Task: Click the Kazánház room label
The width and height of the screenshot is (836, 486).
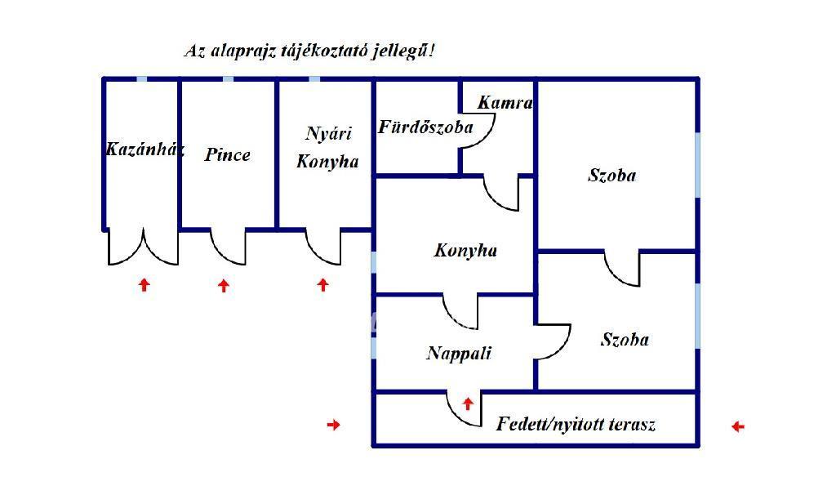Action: pyautogui.click(x=145, y=149)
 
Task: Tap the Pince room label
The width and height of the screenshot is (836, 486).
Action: pyautogui.click(x=227, y=154)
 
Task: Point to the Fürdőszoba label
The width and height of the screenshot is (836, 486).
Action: pyautogui.click(x=425, y=127)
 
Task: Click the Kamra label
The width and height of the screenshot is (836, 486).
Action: pyautogui.click(x=505, y=103)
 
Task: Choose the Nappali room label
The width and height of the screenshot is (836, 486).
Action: pyautogui.click(x=459, y=353)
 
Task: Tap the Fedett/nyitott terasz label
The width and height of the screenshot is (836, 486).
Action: pyautogui.click(x=576, y=425)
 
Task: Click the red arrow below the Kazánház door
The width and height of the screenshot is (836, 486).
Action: pyautogui.click(x=145, y=284)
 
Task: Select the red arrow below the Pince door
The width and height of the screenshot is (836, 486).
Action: pyautogui.click(x=224, y=285)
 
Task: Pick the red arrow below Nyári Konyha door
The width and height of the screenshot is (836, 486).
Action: pyautogui.click(x=322, y=284)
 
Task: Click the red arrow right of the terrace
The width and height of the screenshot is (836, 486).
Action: pyautogui.click(x=737, y=426)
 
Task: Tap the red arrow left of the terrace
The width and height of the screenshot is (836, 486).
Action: pyautogui.click(x=333, y=424)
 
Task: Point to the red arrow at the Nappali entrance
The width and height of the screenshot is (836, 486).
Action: pyautogui.click(x=468, y=403)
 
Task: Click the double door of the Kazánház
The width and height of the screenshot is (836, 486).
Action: pyautogui.click(x=143, y=248)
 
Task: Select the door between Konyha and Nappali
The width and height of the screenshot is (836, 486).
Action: pyautogui.click(x=461, y=310)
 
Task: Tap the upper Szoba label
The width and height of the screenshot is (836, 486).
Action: pyautogui.click(x=611, y=175)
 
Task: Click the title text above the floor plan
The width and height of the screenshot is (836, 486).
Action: pyautogui.click(x=309, y=51)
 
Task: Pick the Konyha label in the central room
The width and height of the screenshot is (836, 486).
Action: pyautogui.click(x=465, y=251)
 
